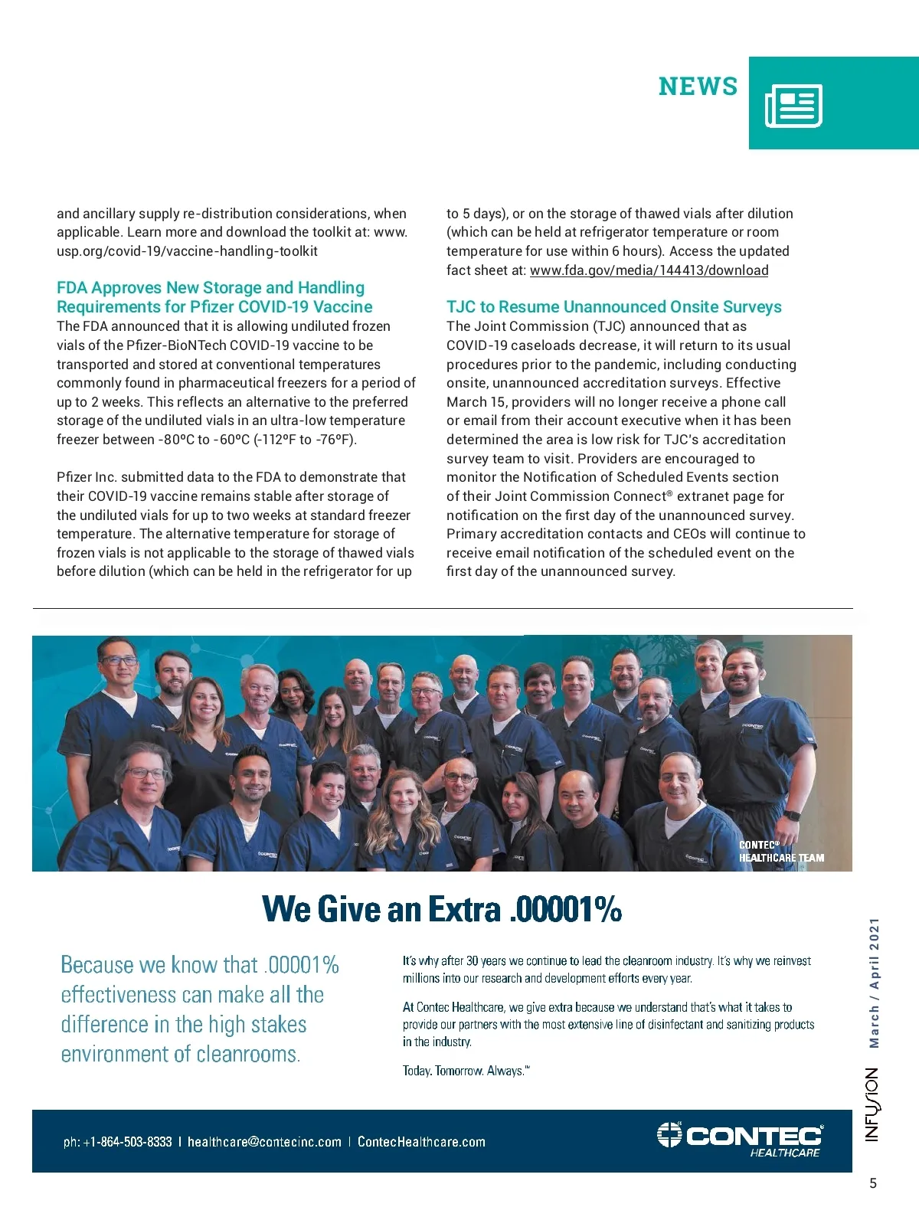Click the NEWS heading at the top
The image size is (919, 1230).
[x=698, y=87]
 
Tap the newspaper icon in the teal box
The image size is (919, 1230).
[x=793, y=106]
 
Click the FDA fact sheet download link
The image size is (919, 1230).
[x=649, y=270]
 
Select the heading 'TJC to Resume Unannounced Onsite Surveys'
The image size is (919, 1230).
[x=613, y=307]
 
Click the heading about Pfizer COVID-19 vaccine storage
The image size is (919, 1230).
[x=214, y=297]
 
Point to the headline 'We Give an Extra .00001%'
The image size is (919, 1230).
[x=442, y=909]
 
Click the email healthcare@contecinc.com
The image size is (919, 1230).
[x=264, y=1142]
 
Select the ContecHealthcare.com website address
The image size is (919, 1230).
[x=421, y=1142]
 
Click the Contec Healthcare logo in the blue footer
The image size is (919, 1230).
[x=740, y=1139]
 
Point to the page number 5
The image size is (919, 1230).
[x=873, y=1183]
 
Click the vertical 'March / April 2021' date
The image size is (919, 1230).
[x=874, y=983]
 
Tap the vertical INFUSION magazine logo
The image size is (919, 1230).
[x=873, y=1104]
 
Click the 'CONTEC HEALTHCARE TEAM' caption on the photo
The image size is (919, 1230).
[x=780, y=852]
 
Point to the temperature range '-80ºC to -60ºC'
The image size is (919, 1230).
[x=204, y=440]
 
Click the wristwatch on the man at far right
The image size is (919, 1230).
[x=791, y=816]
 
